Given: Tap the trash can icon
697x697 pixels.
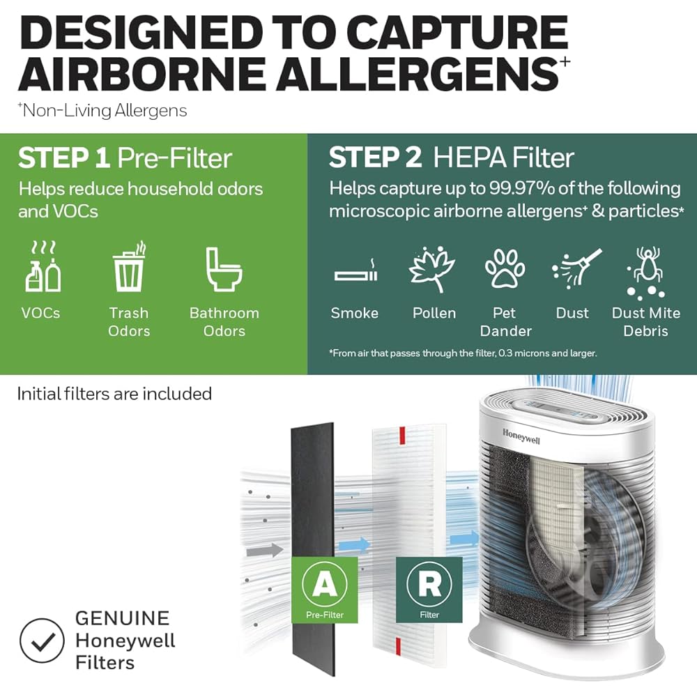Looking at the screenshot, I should [x=129, y=268].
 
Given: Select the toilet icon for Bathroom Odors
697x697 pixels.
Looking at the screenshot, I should [x=223, y=268].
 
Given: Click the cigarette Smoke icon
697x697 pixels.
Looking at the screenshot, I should [x=355, y=273].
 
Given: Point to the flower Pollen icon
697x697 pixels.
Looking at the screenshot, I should [x=432, y=269].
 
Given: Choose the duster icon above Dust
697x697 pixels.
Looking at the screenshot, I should [x=572, y=269].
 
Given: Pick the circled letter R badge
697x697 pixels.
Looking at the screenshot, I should [x=429, y=584].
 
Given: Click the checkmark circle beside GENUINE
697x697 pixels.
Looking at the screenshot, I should [x=41, y=641].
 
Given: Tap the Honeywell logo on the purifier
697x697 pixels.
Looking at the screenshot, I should [x=521, y=436].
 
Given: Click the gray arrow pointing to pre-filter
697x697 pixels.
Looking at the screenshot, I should [x=265, y=550].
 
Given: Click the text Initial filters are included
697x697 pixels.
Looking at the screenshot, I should [x=114, y=394].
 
